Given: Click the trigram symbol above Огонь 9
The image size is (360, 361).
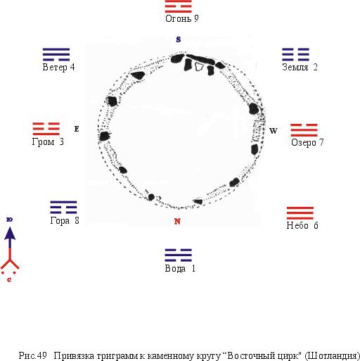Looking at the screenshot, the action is (x=179, y=6).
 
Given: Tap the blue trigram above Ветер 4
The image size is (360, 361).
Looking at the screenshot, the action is (x=56, y=54).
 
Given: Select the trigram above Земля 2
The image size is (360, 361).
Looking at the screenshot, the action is (x=295, y=54).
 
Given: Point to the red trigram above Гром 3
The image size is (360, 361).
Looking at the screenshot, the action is (x=46, y=129).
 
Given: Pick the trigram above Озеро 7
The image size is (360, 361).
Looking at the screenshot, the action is (x=304, y=130).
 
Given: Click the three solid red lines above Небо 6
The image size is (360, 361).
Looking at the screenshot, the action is (x=300, y=213).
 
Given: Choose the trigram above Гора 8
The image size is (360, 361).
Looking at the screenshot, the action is (x=63, y=208).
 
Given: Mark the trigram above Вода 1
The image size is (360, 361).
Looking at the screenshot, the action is (x=179, y=255).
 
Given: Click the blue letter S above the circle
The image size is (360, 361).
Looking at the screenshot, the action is (x=179, y=39).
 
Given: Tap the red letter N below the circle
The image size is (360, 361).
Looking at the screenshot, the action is (x=177, y=221).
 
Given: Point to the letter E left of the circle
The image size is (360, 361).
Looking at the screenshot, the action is (x=77, y=129).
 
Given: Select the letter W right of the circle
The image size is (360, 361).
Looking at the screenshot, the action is (x=273, y=131).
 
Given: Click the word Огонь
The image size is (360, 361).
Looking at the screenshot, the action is (x=179, y=19).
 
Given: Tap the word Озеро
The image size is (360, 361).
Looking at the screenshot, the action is (x=304, y=143).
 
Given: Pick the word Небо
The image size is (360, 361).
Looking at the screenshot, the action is (x=297, y=225).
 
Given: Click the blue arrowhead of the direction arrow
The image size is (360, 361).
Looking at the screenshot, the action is (x=10, y=234).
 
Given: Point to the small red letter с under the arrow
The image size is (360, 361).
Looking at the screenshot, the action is (x=9, y=279).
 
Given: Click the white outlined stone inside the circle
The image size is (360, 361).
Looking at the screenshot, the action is (x=199, y=67).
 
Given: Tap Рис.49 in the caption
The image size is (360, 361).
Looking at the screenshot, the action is (x=32, y=355).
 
